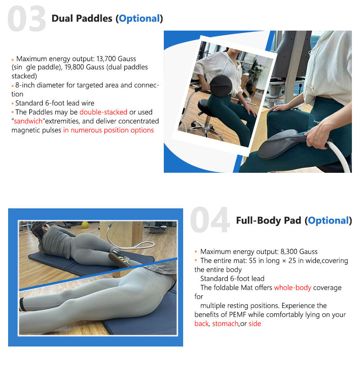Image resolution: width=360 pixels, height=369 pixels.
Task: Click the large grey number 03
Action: coord(27,19)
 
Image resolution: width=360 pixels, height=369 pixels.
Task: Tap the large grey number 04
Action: coord(210,220)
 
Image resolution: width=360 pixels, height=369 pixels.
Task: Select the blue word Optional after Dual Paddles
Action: coord(139,18)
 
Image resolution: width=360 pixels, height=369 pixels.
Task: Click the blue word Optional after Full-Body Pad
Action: coord(328,220)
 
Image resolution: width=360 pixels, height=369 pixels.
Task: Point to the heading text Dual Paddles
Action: coord(82,18)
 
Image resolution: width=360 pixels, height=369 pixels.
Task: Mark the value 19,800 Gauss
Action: coord(64,67)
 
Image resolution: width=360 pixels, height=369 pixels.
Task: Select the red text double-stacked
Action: coord(103,112)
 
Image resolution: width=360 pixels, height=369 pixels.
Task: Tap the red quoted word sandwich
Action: coord(30,121)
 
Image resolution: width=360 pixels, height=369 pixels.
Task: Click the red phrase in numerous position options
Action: coord(108,130)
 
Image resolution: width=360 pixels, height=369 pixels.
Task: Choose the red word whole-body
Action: coord(292,288)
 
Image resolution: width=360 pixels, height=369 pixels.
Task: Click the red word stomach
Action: coord(225,324)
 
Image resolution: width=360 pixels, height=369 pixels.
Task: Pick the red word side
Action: coord(255,324)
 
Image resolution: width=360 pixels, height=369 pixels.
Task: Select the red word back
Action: coord(201,324)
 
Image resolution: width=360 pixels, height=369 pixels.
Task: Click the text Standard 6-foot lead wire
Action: coord(54,103)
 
